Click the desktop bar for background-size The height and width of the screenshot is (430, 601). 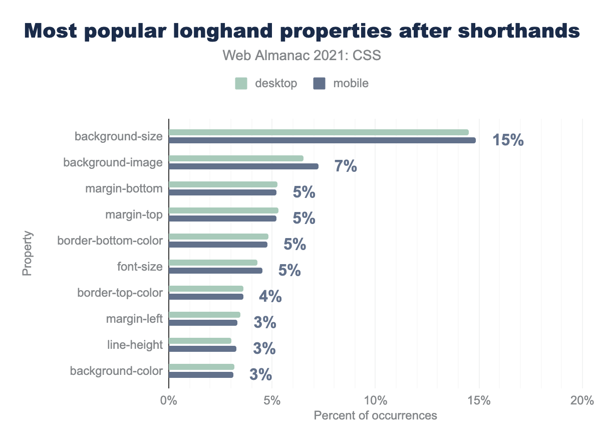click(319, 132)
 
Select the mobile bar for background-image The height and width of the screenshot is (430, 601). click(243, 166)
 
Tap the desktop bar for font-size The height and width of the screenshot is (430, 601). click(213, 263)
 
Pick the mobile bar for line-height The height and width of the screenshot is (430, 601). click(202, 349)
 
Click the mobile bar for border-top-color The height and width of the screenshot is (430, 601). click(206, 297)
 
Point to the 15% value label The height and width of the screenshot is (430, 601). click(508, 140)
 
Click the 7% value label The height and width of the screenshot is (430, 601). click(346, 166)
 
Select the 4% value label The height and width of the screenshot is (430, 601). click(270, 297)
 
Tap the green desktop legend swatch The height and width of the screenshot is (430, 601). click(241, 84)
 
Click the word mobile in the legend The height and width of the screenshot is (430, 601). click(351, 84)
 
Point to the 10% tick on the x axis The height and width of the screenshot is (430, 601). click(375, 400)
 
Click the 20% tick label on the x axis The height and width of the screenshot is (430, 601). click(582, 400)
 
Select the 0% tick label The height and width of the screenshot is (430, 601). click(169, 400)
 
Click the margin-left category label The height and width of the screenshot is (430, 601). click(134, 319)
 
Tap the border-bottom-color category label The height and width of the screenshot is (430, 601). click(110, 241)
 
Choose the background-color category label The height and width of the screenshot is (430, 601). click(116, 371)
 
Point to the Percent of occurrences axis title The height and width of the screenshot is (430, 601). click(375, 415)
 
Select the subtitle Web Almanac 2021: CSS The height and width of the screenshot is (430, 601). click(302, 56)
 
